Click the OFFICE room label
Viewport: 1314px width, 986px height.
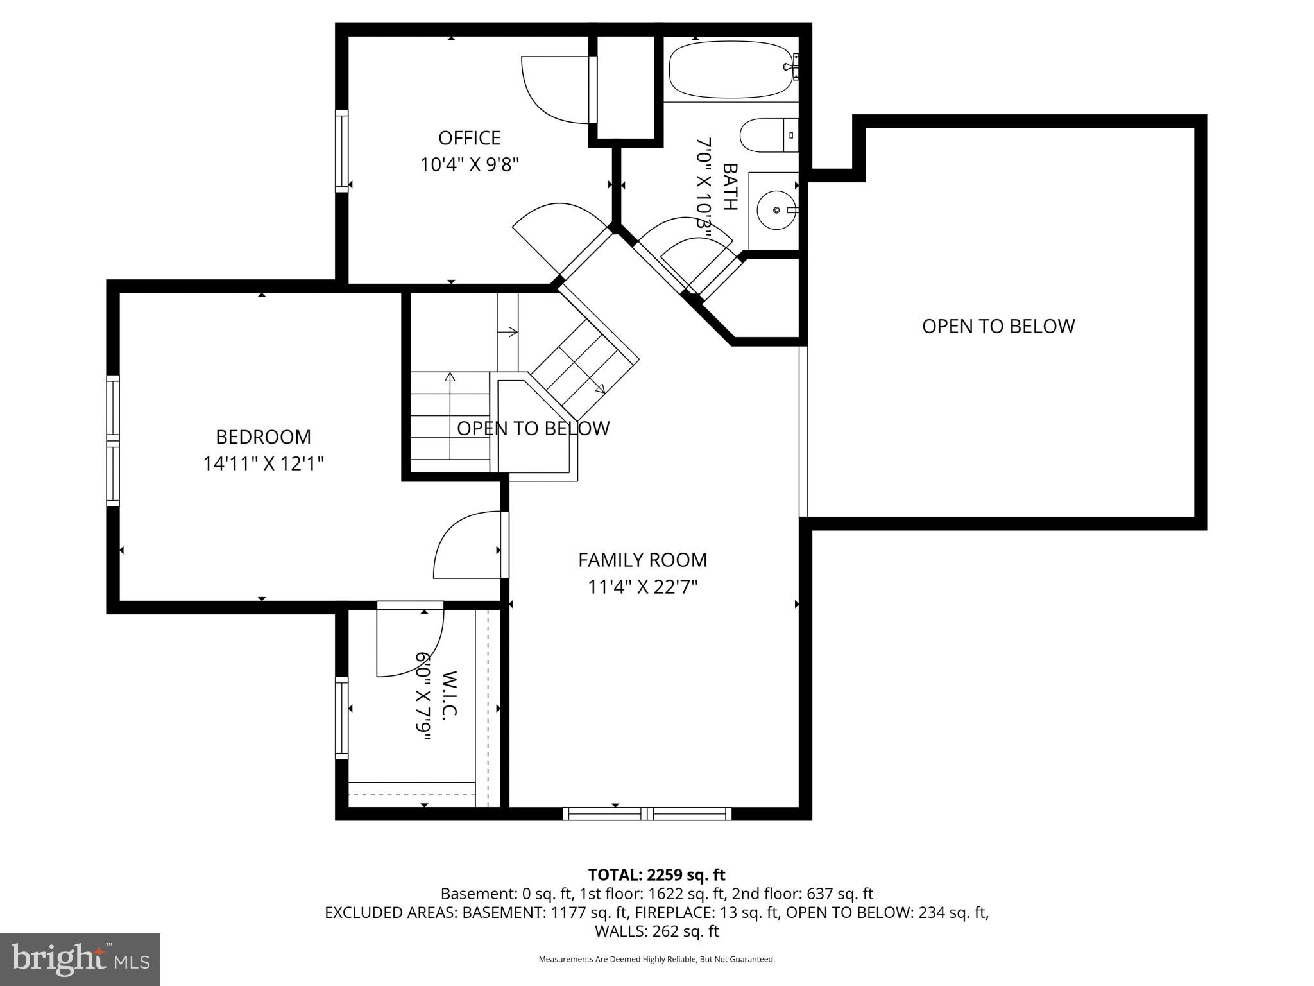469,138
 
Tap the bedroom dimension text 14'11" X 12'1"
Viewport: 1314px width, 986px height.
263,463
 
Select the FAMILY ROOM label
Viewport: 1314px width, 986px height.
642,560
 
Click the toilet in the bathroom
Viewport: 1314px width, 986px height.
767,135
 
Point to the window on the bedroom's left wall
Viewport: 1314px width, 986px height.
113,441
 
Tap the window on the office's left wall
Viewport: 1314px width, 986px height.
342,151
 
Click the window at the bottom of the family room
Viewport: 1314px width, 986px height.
647,814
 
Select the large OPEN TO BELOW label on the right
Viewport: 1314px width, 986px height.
998,326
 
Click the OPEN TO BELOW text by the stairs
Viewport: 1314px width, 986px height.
533,428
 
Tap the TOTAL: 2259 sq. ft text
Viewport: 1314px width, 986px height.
656,875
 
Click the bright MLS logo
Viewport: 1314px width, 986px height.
80,960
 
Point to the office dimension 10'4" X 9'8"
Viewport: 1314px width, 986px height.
469,165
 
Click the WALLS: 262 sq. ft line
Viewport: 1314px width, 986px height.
656,931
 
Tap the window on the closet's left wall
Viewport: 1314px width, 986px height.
342,718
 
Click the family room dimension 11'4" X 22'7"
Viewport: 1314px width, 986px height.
642,587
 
